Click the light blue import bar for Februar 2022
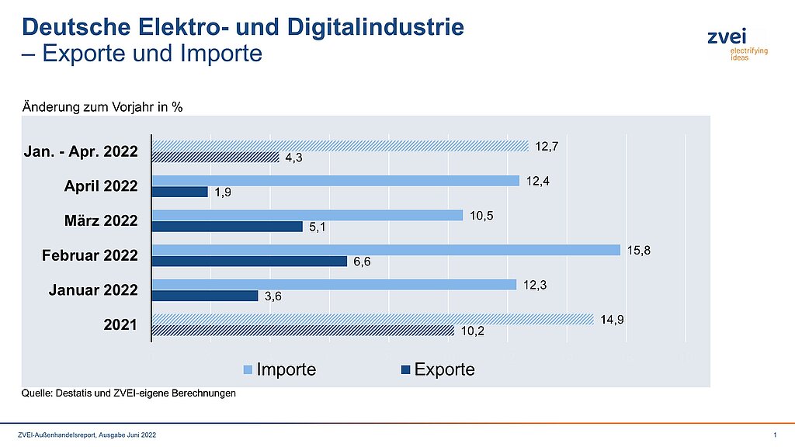[386, 250]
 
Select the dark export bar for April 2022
[179, 192]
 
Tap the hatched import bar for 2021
[373, 319]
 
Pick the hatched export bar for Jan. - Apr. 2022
[215, 158]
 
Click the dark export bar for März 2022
[227, 227]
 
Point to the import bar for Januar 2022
[334, 284]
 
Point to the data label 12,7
[546, 144]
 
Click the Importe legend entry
[279, 369]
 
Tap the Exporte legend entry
[438, 369]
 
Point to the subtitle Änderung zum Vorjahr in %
[102, 107]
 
